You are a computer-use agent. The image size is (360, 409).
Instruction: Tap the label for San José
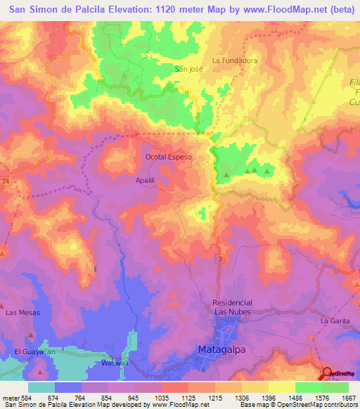tap(188, 69)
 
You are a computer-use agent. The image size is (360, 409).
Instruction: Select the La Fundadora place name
tap(235, 61)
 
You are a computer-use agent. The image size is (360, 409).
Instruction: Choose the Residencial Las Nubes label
tap(232, 306)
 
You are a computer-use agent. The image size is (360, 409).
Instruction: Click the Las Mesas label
tap(22, 312)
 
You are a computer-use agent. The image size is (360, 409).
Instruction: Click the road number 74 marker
tap(6, 181)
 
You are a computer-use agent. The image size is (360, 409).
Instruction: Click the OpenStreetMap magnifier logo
tap(328, 373)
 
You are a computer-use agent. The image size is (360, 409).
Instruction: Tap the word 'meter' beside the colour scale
tap(10, 398)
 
